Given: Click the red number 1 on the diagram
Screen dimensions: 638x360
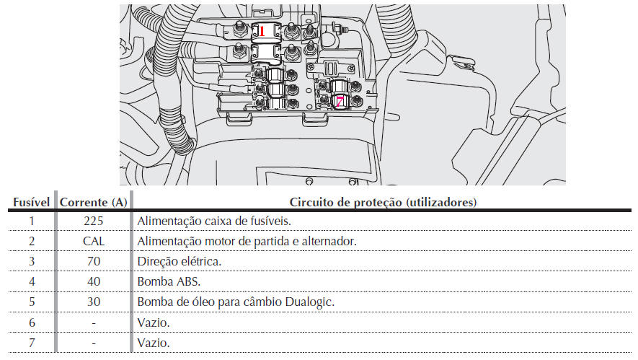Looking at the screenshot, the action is click(262, 31).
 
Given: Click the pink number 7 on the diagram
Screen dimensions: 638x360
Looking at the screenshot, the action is click(340, 102).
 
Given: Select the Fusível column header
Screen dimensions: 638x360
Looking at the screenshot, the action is click(31, 202).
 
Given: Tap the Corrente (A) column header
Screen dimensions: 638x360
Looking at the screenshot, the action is click(94, 202).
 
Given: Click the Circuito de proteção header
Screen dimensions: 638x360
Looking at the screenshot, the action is click(383, 202).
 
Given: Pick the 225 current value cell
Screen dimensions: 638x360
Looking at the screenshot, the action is click(94, 221).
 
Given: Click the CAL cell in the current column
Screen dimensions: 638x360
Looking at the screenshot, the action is click(94, 241).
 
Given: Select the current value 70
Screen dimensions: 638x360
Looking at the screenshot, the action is click(94, 261).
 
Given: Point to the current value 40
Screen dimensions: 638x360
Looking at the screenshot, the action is click(94, 281).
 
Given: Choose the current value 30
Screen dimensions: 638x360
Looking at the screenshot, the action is click(94, 302).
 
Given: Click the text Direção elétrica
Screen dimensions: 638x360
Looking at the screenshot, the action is click(180, 261).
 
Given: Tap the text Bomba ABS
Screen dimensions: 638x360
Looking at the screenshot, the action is click(169, 281).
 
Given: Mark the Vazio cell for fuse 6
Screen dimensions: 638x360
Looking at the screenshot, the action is click(154, 322).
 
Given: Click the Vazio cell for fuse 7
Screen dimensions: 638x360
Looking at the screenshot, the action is click(154, 343).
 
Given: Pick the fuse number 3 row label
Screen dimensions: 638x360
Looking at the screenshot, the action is click(32, 261).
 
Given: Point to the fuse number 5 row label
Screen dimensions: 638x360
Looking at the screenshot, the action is click(32, 302).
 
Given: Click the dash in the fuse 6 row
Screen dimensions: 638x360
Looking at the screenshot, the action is click(94, 323).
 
